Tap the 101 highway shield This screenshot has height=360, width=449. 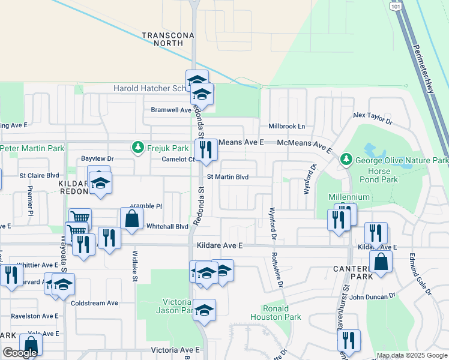(395, 5)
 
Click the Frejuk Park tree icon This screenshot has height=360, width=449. (137, 147)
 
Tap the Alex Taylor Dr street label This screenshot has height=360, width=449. (372, 117)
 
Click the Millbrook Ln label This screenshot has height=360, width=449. (286, 127)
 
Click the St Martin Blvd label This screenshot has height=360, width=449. (228, 177)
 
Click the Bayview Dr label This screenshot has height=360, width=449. (97, 158)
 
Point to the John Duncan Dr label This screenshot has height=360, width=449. (373, 296)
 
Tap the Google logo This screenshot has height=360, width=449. (20, 353)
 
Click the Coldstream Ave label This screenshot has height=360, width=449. (94, 303)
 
